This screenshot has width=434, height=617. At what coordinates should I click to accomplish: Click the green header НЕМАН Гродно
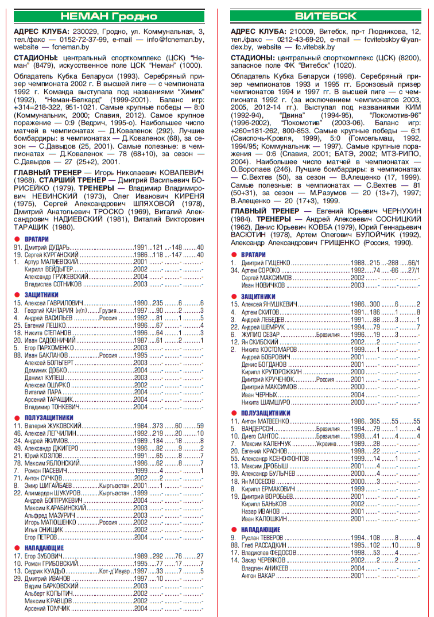108,15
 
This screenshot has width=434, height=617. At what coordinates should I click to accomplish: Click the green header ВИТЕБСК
325,15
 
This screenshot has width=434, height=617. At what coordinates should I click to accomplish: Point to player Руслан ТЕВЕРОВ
262,538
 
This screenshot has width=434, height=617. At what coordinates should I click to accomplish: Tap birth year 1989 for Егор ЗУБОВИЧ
141,556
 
